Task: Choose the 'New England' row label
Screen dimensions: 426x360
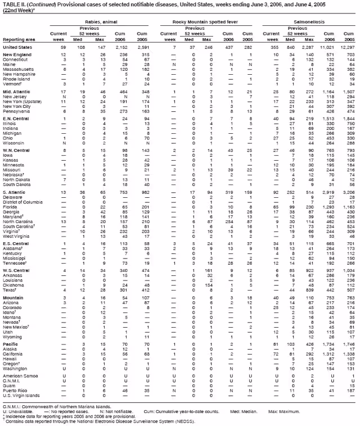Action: point(17,55)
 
